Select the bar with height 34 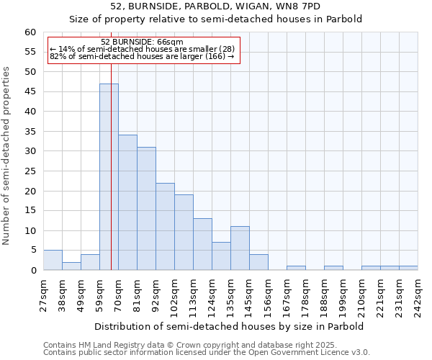[x=127, y=202]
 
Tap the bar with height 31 [x=146, y=209]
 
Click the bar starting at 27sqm [x=53, y=260]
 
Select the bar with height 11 [x=240, y=248]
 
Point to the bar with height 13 [x=202, y=244]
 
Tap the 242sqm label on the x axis [x=418, y=295]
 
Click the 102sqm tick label [x=175, y=295]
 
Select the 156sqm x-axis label [x=269, y=295]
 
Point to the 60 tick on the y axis [x=30, y=32]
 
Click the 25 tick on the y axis [x=30, y=171]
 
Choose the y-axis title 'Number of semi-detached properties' [x=7, y=156]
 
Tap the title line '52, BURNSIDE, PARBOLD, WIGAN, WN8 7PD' [x=215, y=6]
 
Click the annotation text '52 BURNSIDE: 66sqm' [x=143, y=42]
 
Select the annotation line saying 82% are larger [x=142, y=56]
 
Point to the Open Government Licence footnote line [x=207, y=353]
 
